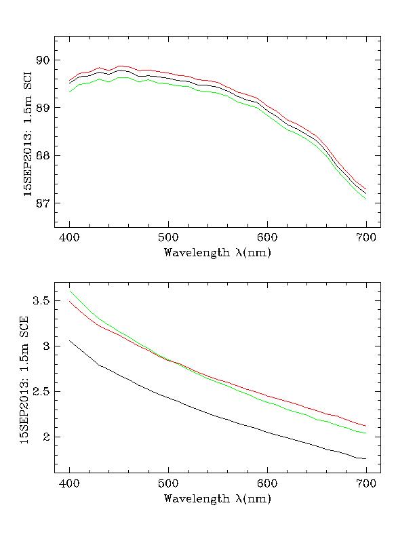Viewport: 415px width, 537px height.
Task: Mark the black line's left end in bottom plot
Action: [69, 340]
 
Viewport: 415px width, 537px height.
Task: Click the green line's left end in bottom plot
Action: [69, 291]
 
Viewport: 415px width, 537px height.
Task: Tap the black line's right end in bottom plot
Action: [366, 459]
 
